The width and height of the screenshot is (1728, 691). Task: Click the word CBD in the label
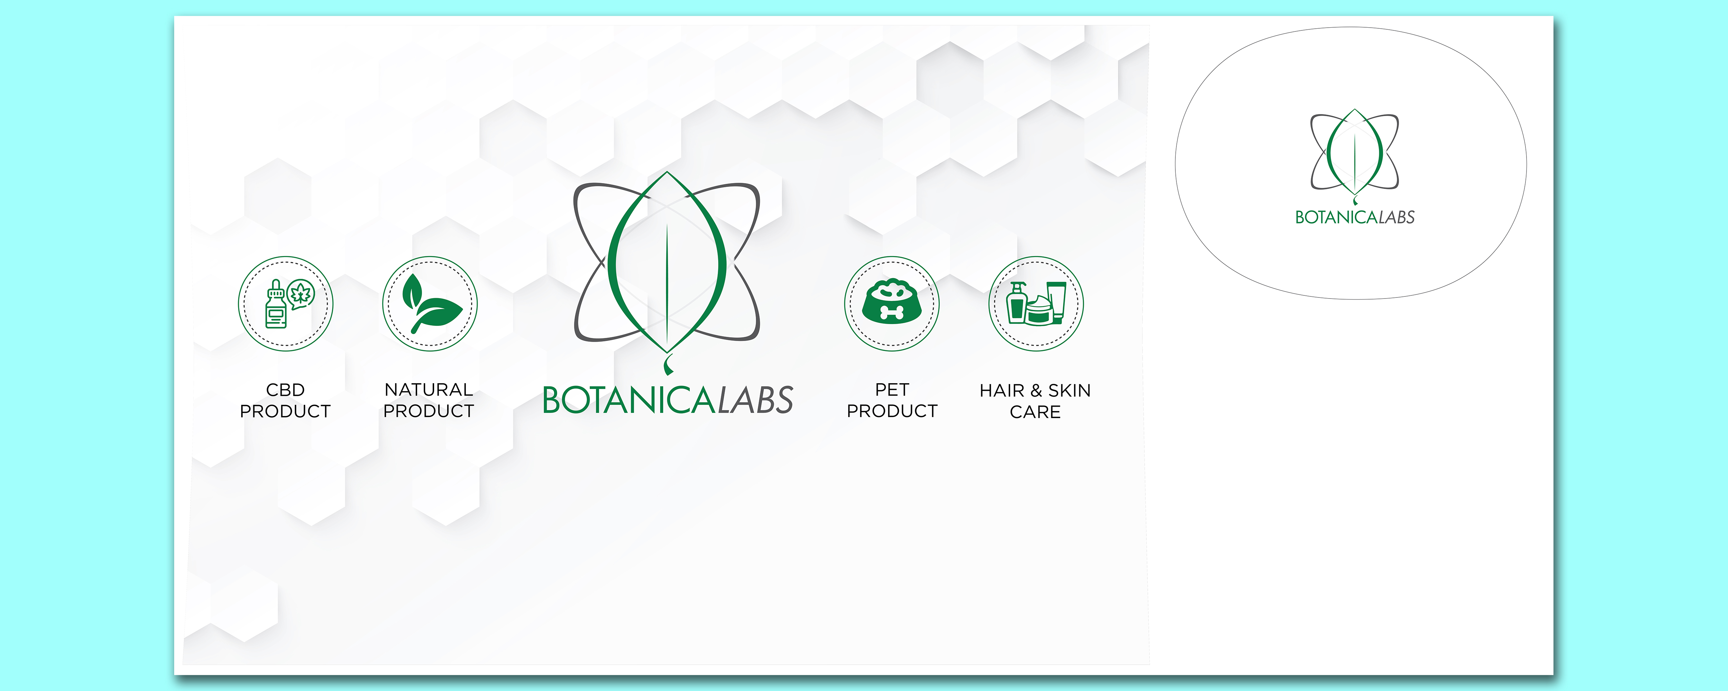[286, 390]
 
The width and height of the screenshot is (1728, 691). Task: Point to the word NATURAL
[429, 390]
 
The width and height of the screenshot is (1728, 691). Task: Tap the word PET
[892, 390]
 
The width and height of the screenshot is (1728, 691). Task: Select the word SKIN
[1069, 390]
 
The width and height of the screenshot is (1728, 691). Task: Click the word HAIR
[1002, 390]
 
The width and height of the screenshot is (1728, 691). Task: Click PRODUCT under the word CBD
[286, 411]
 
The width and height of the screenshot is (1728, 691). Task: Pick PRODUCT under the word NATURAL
[429, 411]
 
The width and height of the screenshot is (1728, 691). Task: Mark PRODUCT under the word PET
[892, 411]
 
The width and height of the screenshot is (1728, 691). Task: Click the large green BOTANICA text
[629, 400]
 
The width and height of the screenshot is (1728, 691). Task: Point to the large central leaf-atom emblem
[667, 272]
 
